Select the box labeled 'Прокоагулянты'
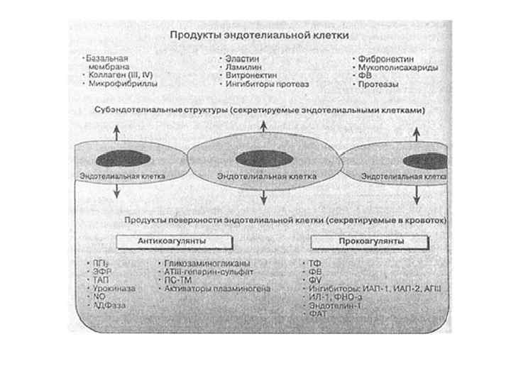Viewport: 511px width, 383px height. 368,241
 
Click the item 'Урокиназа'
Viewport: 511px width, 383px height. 111,289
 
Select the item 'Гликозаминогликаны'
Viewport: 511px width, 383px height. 202,263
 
